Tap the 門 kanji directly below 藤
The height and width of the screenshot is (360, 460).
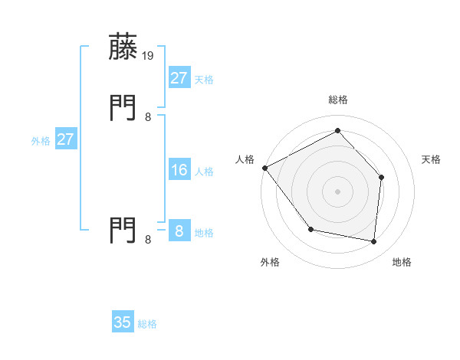pos(123,106)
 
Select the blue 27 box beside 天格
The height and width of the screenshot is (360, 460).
pos(179,78)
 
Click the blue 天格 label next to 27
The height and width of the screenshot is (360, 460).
pos(204,80)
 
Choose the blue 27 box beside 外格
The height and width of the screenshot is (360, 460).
pos(65,139)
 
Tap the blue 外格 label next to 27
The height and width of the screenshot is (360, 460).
pos(41,141)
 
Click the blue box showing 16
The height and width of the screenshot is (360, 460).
pos(179,170)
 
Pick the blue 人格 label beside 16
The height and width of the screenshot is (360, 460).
pos(204,172)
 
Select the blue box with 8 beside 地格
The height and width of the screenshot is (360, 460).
pos(179,231)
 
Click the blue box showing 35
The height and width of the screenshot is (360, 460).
pos(123,322)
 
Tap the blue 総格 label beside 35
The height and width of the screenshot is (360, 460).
pos(147,324)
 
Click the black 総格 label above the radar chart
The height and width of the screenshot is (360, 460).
pos(337,100)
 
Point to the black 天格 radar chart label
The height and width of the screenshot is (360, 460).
pos(432,159)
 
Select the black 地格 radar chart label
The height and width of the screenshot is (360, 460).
pos(402,263)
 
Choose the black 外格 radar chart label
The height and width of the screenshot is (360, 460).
pos(270,263)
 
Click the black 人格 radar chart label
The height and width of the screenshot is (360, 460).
pos(245,159)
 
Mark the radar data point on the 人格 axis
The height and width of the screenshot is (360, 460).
pos(264,168)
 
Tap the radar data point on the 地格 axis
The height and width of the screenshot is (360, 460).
pos(373,241)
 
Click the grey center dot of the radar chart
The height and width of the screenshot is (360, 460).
pos(337,191)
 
